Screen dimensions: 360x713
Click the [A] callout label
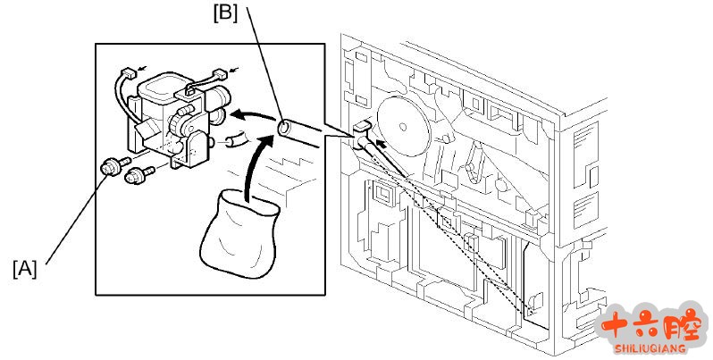(25, 267)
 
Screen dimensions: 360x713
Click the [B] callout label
(224, 13)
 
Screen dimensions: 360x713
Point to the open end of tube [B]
(284, 128)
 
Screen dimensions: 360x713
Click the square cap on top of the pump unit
(161, 88)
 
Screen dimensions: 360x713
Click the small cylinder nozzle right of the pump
(234, 139)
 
